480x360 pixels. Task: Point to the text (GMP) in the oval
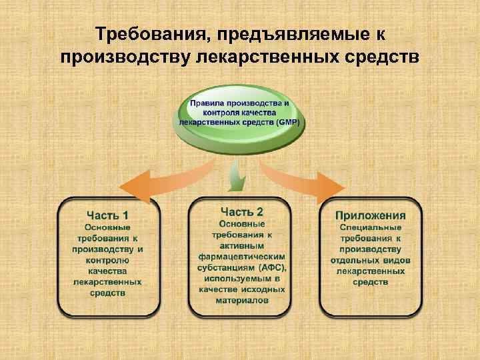point(288,123)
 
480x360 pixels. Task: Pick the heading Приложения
point(370,215)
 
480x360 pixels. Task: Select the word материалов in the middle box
point(241,301)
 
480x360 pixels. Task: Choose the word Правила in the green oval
point(205,104)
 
